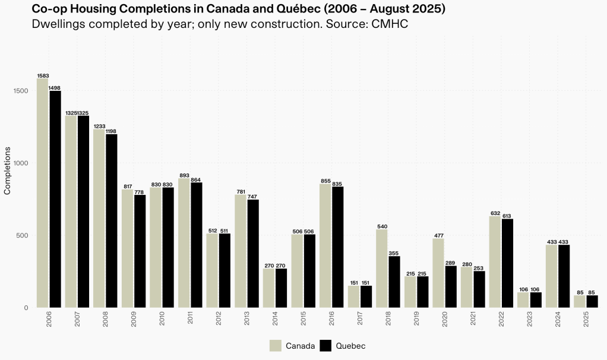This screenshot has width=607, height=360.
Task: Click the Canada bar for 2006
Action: (42, 193)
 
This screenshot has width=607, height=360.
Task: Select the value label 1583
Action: (43, 75)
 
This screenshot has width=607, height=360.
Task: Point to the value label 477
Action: (438, 235)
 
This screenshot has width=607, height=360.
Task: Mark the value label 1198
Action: (112, 131)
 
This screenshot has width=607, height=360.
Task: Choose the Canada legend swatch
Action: (275, 346)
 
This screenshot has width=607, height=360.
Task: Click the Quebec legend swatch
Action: (325, 346)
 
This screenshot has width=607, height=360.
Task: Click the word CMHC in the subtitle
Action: (393, 25)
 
